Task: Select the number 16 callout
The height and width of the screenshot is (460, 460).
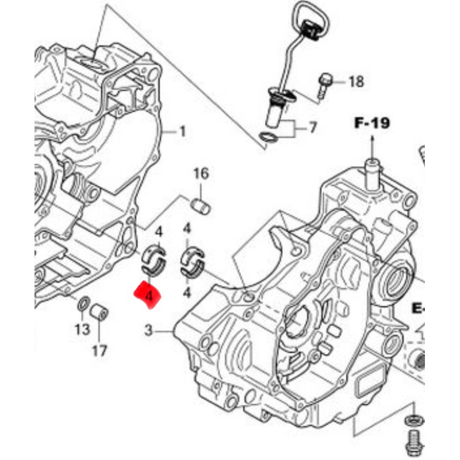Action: [x=201, y=173]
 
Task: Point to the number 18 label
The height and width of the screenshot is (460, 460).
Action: [x=356, y=82]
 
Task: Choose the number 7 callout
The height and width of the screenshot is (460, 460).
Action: [x=312, y=127]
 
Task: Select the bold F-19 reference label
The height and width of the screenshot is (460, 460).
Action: [x=371, y=122]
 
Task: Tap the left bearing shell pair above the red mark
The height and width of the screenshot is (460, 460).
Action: [x=154, y=259]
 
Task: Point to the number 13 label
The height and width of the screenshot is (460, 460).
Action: [x=82, y=329]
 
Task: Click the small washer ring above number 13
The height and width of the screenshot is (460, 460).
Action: [x=82, y=303]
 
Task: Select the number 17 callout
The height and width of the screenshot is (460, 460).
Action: [x=99, y=350]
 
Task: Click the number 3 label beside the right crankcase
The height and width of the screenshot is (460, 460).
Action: [x=148, y=331]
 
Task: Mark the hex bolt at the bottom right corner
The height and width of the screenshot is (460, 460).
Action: [x=412, y=440]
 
